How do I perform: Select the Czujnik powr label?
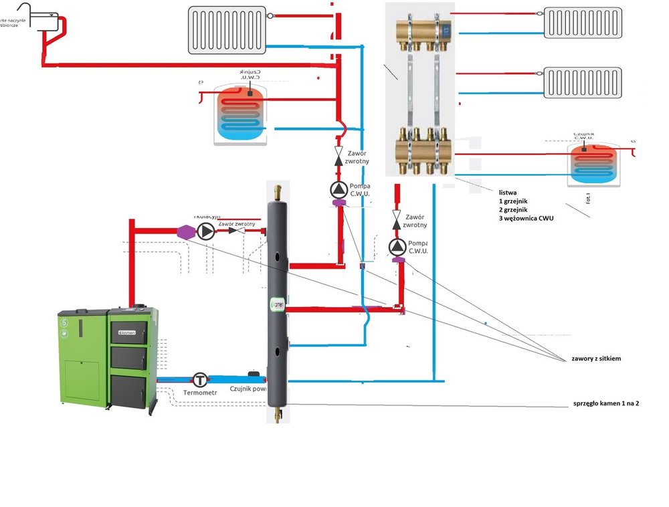(248, 388)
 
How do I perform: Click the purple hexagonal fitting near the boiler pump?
(185, 231)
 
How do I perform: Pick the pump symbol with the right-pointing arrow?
(206, 231)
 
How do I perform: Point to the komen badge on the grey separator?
(278, 304)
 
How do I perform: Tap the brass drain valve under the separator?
(278, 413)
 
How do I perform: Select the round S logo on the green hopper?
(65, 322)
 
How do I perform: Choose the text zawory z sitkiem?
(596, 359)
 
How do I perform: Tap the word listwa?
(508, 192)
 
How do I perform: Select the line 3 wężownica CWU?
(526, 218)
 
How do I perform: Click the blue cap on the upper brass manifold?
(445, 31)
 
